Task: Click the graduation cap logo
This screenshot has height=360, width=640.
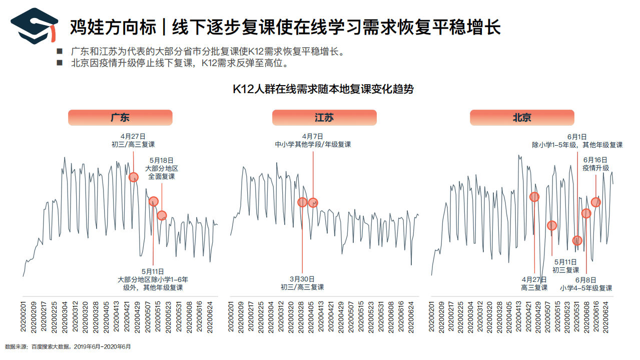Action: pos(34,25)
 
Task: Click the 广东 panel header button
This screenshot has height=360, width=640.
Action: pos(120,118)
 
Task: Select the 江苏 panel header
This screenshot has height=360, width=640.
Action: pos(324,118)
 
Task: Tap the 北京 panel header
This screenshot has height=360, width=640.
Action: pos(521,118)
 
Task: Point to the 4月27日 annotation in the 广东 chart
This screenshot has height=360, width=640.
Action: pos(133,140)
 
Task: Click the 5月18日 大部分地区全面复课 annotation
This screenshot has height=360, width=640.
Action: pos(161,168)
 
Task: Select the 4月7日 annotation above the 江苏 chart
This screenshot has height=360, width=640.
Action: pos(313,140)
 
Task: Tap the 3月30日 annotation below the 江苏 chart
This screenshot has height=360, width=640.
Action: pos(302,283)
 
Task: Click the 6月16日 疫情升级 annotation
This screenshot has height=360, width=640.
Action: pos(595,164)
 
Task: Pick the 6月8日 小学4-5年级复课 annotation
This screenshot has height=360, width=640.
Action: pos(586,284)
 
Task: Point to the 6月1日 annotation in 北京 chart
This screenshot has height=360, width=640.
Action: pos(577,140)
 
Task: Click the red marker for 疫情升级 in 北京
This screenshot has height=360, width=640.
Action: pos(595,202)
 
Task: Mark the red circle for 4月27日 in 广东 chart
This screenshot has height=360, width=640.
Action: pos(134,177)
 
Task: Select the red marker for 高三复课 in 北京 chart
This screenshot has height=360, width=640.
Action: pos(534,197)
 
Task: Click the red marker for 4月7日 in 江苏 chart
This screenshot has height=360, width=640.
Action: pos(313,203)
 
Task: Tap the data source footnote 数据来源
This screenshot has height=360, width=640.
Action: pos(68,346)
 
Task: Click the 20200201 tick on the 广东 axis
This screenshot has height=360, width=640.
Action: pos(23,316)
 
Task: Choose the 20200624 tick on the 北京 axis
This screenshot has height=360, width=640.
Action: pos(606,316)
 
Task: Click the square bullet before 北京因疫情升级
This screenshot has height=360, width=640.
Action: pos(60,63)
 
